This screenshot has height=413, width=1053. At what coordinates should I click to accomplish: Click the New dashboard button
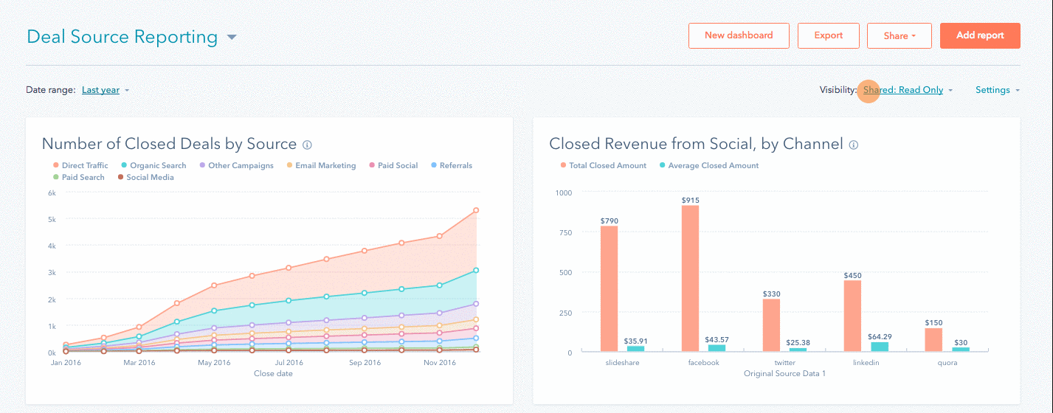pos(739,35)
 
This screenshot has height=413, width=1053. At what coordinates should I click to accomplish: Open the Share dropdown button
pos(899,35)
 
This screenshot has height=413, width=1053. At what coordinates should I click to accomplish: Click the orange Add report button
pos(980,35)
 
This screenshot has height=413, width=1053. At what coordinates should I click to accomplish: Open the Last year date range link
pos(100,90)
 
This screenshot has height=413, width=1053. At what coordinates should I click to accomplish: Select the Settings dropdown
pos(992,90)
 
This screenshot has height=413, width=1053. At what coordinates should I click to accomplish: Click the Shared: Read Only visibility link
pos(903,90)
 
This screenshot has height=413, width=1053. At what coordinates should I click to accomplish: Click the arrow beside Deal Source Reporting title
pos(232,38)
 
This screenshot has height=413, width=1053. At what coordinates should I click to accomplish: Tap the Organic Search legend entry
pos(153,166)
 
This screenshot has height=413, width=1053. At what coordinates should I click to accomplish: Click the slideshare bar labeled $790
pos(609,288)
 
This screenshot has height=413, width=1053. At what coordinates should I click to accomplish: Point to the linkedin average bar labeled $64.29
pos(880,347)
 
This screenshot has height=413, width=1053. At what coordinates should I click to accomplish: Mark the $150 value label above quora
pos(933,322)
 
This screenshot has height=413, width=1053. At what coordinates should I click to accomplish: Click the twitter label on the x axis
pos(784,363)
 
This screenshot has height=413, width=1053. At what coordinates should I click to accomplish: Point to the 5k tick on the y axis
pos(52,219)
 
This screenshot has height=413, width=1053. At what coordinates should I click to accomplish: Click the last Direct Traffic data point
pos(476,210)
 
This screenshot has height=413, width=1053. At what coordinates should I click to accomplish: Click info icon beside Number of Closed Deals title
pos(307,145)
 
